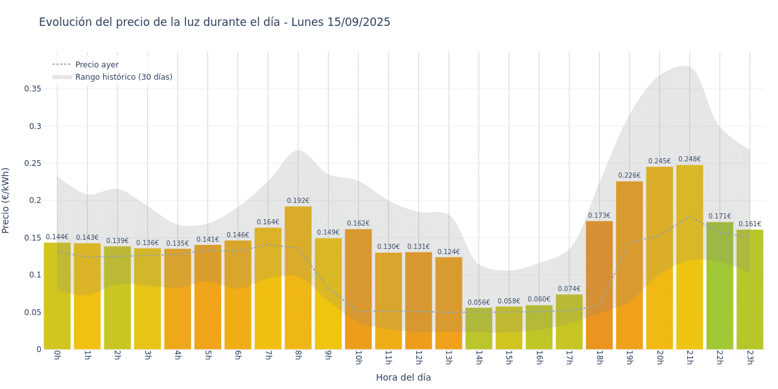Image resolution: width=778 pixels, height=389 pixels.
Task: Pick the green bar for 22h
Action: click(x=720, y=285)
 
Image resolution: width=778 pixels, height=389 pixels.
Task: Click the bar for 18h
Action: click(x=599, y=285)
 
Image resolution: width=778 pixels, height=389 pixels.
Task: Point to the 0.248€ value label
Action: click(x=689, y=159)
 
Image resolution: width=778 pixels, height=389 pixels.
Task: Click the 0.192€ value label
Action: click(x=298, y=201)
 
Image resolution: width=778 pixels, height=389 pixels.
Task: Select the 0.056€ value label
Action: click(x=478, y=303)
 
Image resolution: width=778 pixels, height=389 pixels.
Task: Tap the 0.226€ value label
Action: click(x=629, y=176)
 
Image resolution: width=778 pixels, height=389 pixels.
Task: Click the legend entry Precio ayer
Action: click(x=97, y=65)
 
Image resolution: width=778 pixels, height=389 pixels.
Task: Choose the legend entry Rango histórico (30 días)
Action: click(x=123, y=77)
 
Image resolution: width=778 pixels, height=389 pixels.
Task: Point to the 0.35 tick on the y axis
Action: click(x=32, y=89)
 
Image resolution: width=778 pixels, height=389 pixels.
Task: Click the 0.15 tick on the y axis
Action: click(x=32, y=238)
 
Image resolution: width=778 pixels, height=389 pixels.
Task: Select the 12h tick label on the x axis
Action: click(x=418, y=358)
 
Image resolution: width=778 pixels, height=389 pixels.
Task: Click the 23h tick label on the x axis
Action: click(x=749, y=358)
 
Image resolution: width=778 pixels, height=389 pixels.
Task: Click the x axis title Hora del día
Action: click(x=403, y=377)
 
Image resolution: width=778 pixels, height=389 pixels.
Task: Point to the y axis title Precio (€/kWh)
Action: click(x=6, y=200)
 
